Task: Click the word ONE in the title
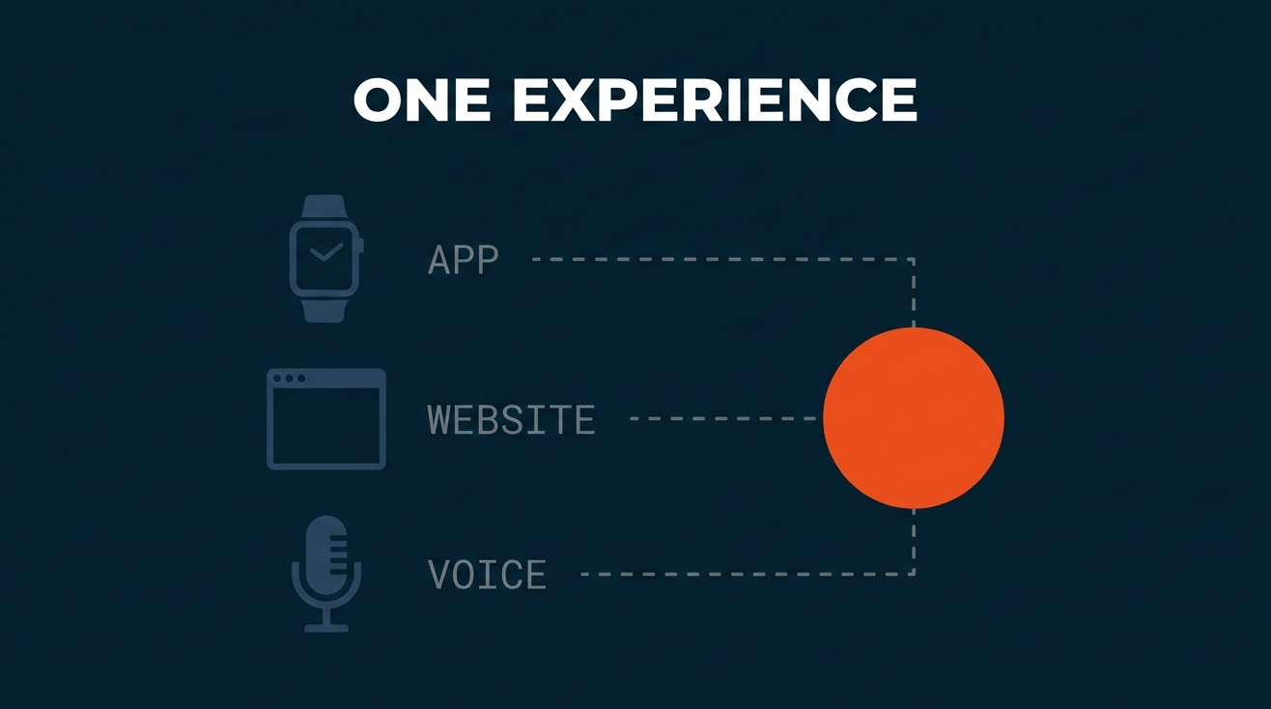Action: [422, 99]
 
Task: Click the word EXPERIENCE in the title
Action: [715, 99]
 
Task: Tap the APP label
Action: [463, 260]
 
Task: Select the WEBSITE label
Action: [511, 419]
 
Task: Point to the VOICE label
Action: [488, 575]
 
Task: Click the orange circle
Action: [914, 418]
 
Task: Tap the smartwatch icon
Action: [326, 259]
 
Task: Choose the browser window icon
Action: [326, 419]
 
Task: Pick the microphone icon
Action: [326, 574]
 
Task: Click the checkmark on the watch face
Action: [325, 252]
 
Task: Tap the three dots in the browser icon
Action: [289, 378]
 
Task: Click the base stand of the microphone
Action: [326, 628]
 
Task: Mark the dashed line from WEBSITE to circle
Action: [726, 418]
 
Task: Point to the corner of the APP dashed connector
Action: [914, 260]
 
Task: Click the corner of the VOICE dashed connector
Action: [914, 574]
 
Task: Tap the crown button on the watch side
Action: [361, 244]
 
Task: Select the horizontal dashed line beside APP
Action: [723, 260]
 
